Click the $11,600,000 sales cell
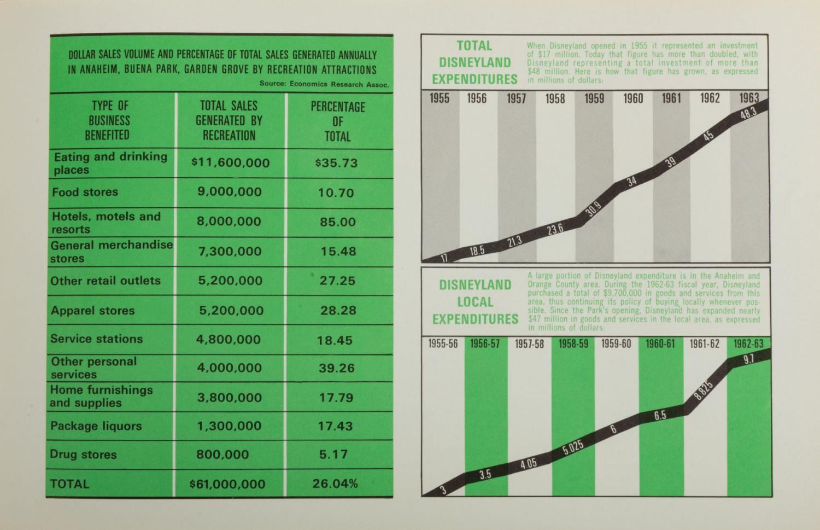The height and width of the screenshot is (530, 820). pos(230,163)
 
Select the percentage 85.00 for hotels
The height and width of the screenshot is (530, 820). pos(337,222)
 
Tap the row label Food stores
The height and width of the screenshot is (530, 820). pos(85,192)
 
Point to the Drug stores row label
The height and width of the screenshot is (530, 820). pos(83,455)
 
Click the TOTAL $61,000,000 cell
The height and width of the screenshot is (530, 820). pos(227,484)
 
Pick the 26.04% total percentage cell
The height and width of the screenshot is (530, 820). pos(335,484)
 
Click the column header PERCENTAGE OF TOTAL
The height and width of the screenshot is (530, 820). pos(337,121)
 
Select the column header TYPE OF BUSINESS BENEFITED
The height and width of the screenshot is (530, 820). pos(109,120)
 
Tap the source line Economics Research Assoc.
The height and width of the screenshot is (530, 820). pos(324,84)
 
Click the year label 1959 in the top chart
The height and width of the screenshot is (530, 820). pos(594,98)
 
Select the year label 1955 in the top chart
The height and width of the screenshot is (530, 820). pos(440,98)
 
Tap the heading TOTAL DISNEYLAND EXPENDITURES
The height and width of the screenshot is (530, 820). pos(475,62)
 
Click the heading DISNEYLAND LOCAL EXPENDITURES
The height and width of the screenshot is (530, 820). pos(475,302)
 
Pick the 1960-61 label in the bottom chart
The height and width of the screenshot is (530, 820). pos(660,344)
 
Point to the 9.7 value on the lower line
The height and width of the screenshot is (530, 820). pos(749,359)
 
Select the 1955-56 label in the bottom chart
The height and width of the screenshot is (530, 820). pos(443,344)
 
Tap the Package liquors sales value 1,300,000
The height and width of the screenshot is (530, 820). pos(229,426)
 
